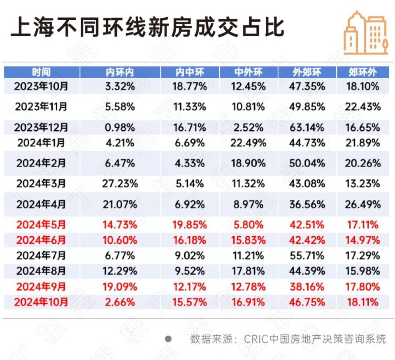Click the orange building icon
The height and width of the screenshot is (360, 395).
coord(366,32)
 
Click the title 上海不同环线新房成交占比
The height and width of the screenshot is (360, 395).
coord(147,28)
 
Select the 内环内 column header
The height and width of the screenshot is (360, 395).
coord(120,73)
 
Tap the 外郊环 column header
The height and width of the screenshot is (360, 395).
coord(307,73)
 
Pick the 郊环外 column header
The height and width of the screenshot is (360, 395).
coord(362,73)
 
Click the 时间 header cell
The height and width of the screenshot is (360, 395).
coord(41,73)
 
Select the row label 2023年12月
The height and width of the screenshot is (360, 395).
coord(41,127)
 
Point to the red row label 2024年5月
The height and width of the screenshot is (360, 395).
coord(41,225)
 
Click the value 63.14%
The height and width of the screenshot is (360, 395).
coord(307,127)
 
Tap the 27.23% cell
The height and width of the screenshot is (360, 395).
coord(120,183)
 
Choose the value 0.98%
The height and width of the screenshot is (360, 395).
coord(120,127)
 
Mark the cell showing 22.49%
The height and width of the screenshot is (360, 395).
coord(249,143)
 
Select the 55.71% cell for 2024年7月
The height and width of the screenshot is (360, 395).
coord(307,256)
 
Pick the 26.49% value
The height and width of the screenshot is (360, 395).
coord(362,204)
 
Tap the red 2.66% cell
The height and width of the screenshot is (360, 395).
coord(120,302)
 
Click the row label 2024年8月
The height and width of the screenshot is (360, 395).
coord(41,271)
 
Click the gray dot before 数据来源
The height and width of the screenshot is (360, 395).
coord(168,339)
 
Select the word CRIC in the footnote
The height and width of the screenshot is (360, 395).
coord(255,339)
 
